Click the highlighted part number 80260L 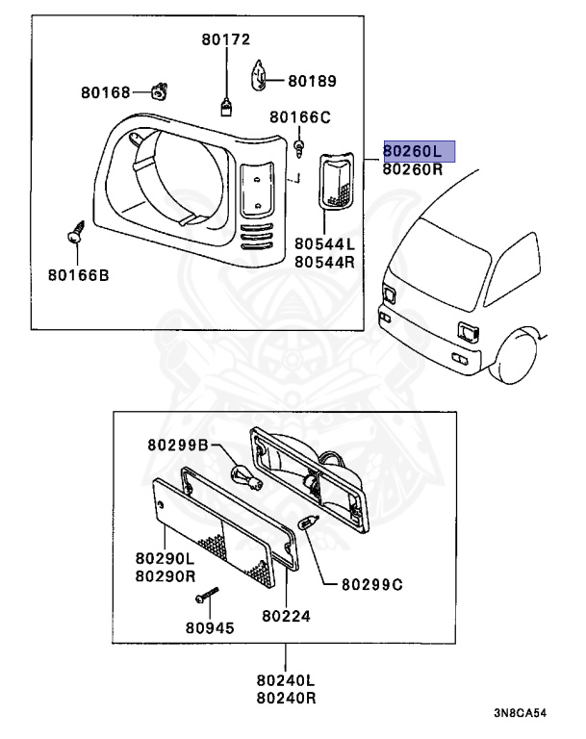coord(419,150)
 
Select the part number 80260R coord(413,169)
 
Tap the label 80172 coord(225,39)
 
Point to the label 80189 coord(312,82)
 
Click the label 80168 coord(105,92)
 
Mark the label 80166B coord(78,275)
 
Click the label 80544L coord(324,244)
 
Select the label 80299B coord(177,445)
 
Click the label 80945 coord(209,626)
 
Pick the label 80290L coord(164,558)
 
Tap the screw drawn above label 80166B coord(73,235)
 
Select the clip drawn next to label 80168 coord(159,90)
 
